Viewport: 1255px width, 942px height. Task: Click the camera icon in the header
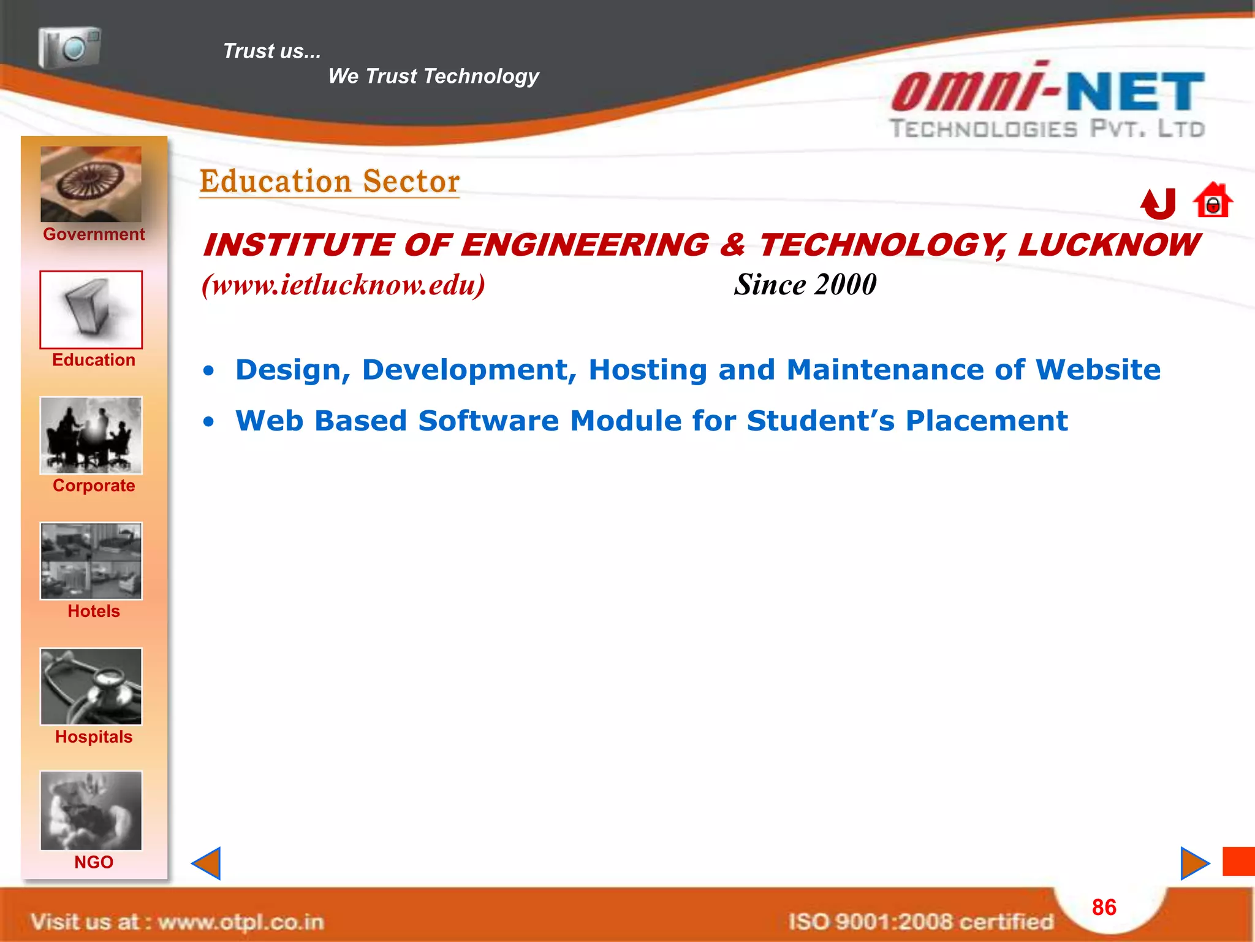69,47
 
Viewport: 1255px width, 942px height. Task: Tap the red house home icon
1212,201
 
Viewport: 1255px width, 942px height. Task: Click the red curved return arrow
1158,204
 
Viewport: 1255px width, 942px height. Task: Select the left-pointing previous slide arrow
207,863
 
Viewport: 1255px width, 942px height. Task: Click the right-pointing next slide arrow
1194,863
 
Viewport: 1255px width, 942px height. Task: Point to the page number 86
1104,907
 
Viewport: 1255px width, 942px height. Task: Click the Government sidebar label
94,234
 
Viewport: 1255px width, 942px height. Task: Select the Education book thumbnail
91,310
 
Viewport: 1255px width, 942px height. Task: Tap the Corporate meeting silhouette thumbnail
91,435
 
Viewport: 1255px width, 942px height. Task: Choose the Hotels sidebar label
94,611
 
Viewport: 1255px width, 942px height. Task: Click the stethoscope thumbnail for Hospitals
91,687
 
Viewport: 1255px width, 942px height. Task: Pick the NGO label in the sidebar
94,862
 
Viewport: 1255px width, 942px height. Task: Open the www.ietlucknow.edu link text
343,285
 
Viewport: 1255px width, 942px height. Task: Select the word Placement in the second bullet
987,421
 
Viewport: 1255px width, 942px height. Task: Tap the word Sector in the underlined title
411,182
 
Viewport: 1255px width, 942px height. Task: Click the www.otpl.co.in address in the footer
241,922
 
